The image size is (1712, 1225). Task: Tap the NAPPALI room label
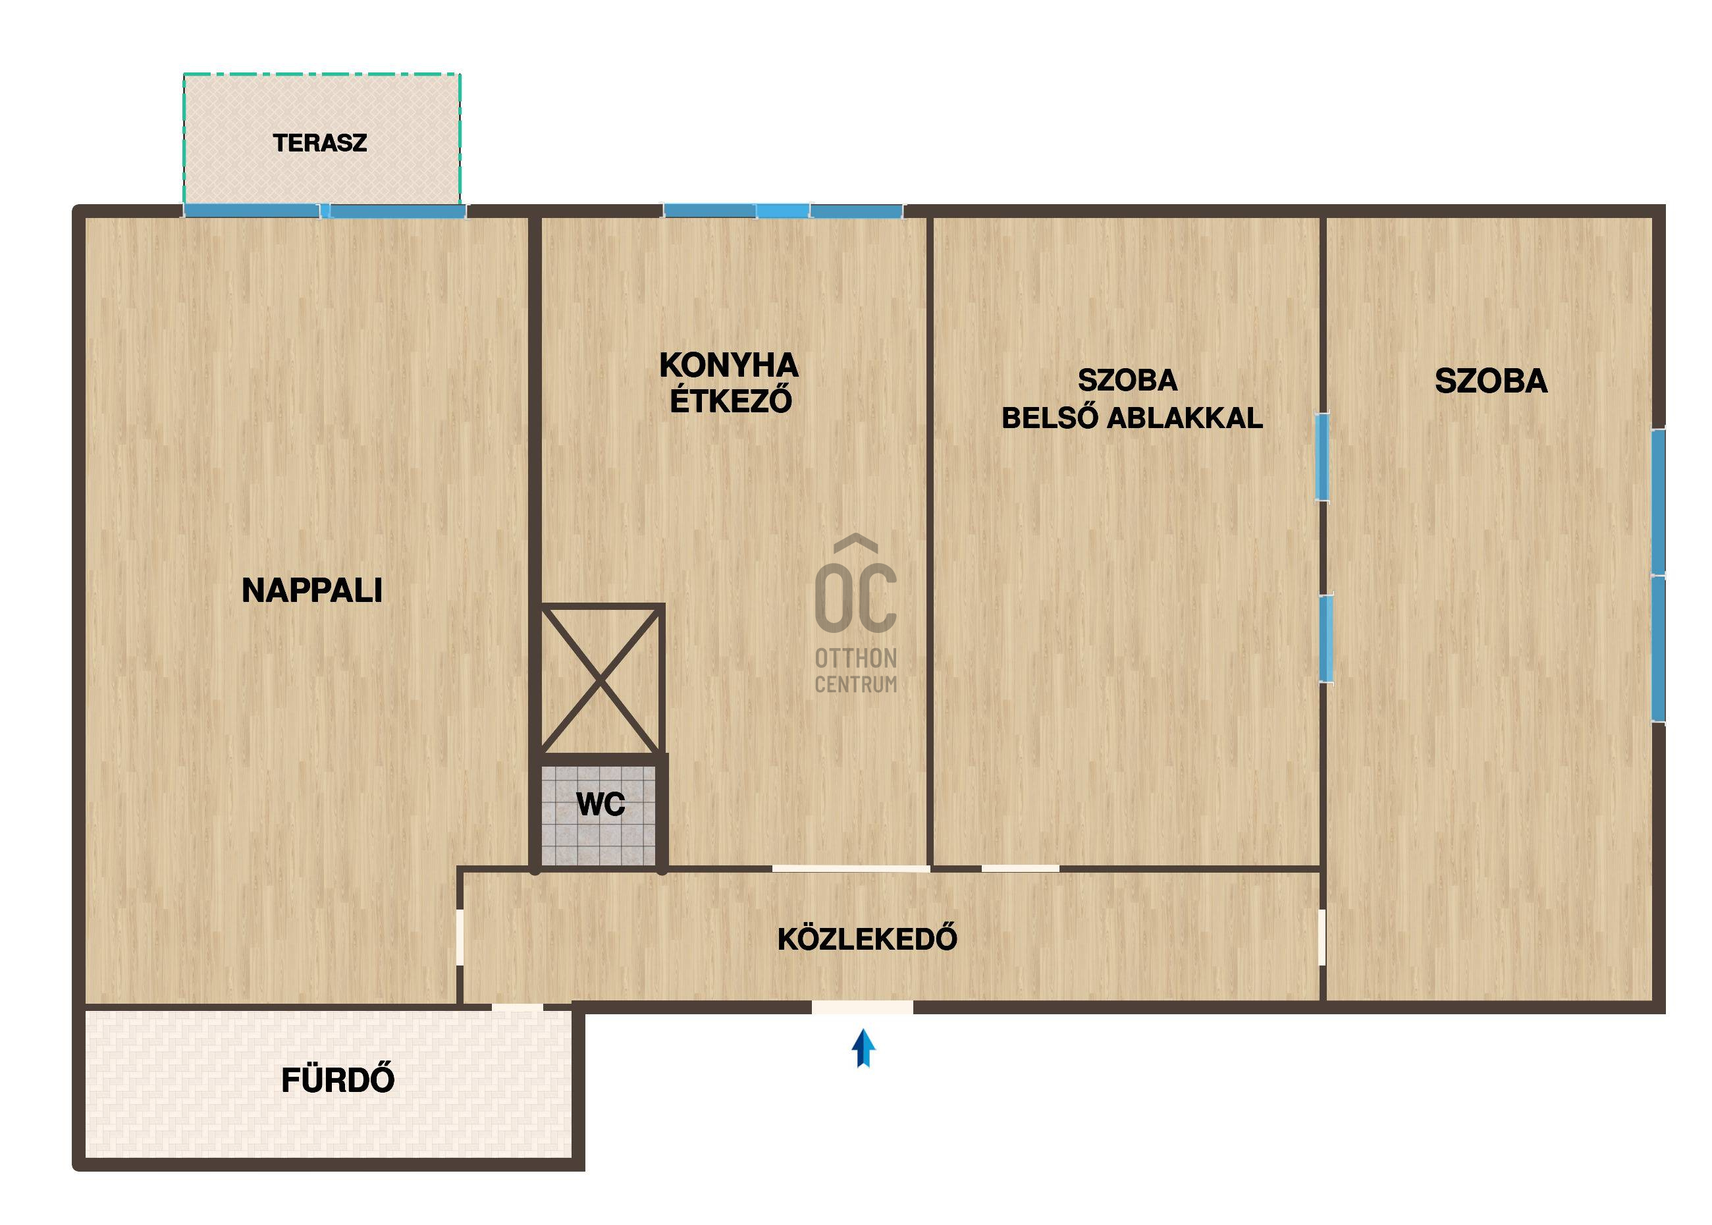pyautogui.click(x=312, y=590)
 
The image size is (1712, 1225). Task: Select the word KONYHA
pyautogui.click(x=728, y=365)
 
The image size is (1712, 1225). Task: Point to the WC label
pyautogui.click(x=601, y=805)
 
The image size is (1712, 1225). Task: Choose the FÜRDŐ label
pyautogui.click(x=338, y=1079)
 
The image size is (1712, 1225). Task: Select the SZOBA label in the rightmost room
pyautogui.click(x=1491, y=381)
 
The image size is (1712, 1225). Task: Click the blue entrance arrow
pyautogui.click(x=863, y=1049)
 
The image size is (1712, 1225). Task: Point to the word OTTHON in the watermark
pyautogui.click(x=856, y=659)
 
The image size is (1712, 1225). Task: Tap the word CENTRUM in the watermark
pyautogui.click(x=856, y=684)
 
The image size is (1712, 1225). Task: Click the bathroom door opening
pyautogui.click(x=518, y=1008)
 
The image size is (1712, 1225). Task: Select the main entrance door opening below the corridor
pyautogui.click(x=862, y=1007)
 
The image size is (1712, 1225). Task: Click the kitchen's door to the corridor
pyautogui.click(x=851, y=869)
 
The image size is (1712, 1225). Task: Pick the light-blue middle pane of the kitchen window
pyautogui.click(x=784, y=211)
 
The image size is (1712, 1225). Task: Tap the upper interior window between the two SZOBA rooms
pyautogui.click(x=1322, y=456)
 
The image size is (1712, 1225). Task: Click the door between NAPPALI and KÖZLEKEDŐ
pyautogui.click(x=460, y=937)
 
